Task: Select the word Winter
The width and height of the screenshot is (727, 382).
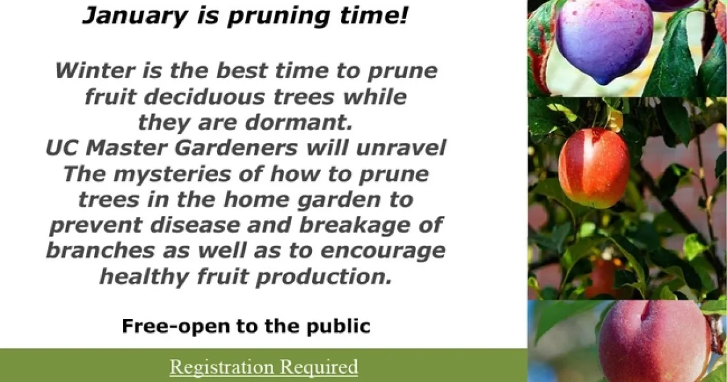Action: (95, 71)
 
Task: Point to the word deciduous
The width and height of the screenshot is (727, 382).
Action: (205, 97)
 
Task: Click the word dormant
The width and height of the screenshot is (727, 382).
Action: (299, 122)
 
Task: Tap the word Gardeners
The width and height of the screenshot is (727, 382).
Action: (236, 148)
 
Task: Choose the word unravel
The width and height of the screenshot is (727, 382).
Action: (401, 148)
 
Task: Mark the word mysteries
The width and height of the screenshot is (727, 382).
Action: (172, 175)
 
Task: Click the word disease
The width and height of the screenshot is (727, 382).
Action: (194, 225)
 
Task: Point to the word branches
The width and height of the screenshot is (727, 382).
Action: (101, 250)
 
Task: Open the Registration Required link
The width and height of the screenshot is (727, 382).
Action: (264, 367)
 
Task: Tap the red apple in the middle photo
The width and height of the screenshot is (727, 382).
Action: (594, 168)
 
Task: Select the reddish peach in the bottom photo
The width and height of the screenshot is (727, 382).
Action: (654, 341)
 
